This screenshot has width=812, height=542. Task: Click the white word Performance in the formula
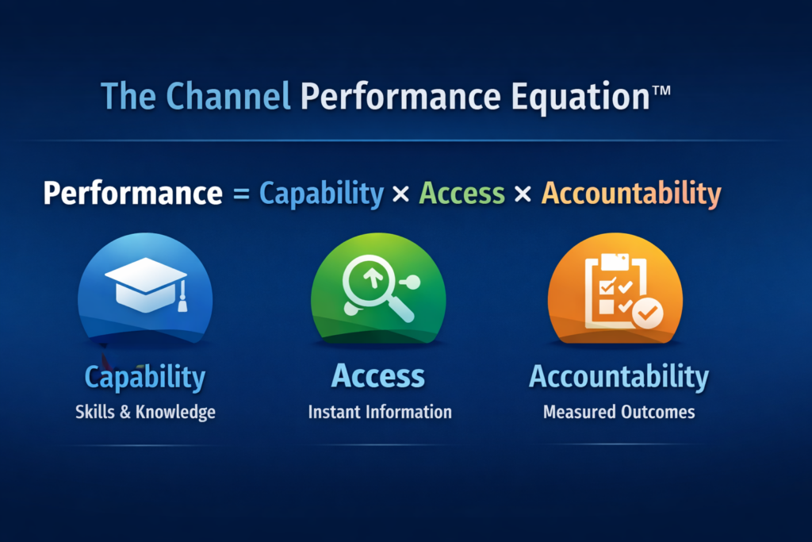(x=132, y=194)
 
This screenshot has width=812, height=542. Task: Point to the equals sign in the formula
(x=241, y=194)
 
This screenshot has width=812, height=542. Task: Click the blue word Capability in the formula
(x=321, y=194)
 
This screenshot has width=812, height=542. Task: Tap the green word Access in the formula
(x=462, y=194)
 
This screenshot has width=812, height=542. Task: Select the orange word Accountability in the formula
(x=631, y=194)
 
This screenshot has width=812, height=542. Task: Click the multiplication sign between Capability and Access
(x=401, y=194)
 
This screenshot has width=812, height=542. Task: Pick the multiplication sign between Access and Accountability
(x=523, y=194)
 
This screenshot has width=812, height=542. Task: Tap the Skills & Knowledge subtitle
(x=145, y=412)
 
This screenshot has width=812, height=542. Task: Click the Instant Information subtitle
(x=379, y=412)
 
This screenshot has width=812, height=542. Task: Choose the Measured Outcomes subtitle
(x=619, y=412)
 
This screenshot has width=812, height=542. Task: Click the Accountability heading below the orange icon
(x=619, y=377)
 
